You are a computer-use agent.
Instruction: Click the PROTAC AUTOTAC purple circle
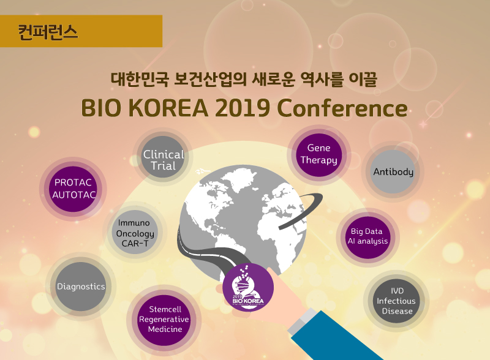73,189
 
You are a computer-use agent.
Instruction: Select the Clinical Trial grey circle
163,157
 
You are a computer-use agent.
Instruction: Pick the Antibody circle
393,171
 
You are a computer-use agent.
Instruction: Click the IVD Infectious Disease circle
396,301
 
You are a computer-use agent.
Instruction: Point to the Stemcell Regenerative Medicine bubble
165,320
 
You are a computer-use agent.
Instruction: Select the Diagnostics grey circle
81,287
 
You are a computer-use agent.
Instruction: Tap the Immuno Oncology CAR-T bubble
135,232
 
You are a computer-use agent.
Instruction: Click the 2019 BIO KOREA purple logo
248,287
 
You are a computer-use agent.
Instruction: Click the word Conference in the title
342,108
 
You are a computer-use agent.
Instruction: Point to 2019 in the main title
243,108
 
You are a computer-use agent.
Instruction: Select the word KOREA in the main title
168,108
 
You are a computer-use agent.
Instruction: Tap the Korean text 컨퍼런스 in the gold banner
48,32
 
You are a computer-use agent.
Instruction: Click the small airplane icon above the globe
202,171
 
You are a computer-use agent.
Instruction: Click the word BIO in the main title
101,108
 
